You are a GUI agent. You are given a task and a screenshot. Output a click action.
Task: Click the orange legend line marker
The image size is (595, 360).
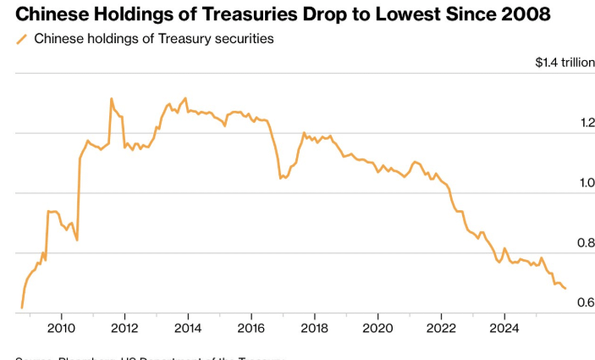coord(21,39)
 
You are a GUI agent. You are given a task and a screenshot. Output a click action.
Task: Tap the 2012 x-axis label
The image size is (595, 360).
coord(124,328)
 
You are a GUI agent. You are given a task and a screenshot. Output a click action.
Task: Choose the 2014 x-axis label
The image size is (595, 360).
coord(188,328)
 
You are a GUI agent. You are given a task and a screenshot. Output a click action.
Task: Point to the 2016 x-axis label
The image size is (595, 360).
coord(251,328)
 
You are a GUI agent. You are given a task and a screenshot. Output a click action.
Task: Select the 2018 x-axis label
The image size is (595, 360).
coord(315,328)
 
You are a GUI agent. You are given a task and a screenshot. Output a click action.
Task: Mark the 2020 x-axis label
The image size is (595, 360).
coord(378,328)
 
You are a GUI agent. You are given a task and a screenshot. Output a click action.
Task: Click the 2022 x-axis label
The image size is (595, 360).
coord(442,328)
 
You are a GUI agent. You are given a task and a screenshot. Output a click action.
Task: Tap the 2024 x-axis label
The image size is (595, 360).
coord(505,328)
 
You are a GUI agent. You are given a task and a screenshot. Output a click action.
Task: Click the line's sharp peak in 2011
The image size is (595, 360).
coord(111,98)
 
